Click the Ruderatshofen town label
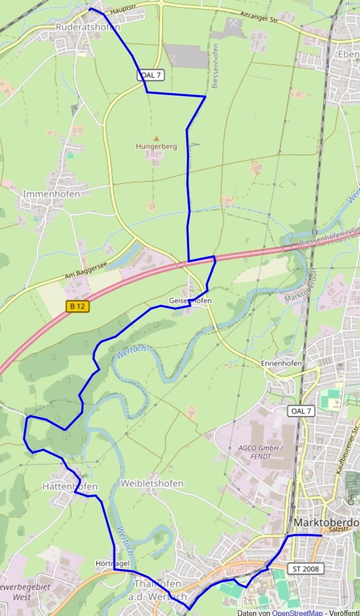pyautogui.click(x=88, y=27)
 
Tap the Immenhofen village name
pyautogui.click(x=51, y=194)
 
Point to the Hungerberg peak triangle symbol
pyautogui.click(x=156, y=138)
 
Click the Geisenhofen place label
pyautogui.click(x=190, y=301)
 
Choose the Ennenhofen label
pyautogui.click(x=281, y=364)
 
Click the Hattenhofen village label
pyautogui.click(x=69, y=486)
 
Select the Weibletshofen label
pyautogui.click(x=152, y=484)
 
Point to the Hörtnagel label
pyautogui.click(x=112, y=564)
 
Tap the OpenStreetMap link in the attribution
pyautogui.click(x=296, y=613)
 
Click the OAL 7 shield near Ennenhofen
pyautogui.click(x=302, y=411)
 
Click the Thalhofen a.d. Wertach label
pyautogui.click(x=159, y=590)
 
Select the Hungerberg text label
pyautogui.click(x=156, y=147)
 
